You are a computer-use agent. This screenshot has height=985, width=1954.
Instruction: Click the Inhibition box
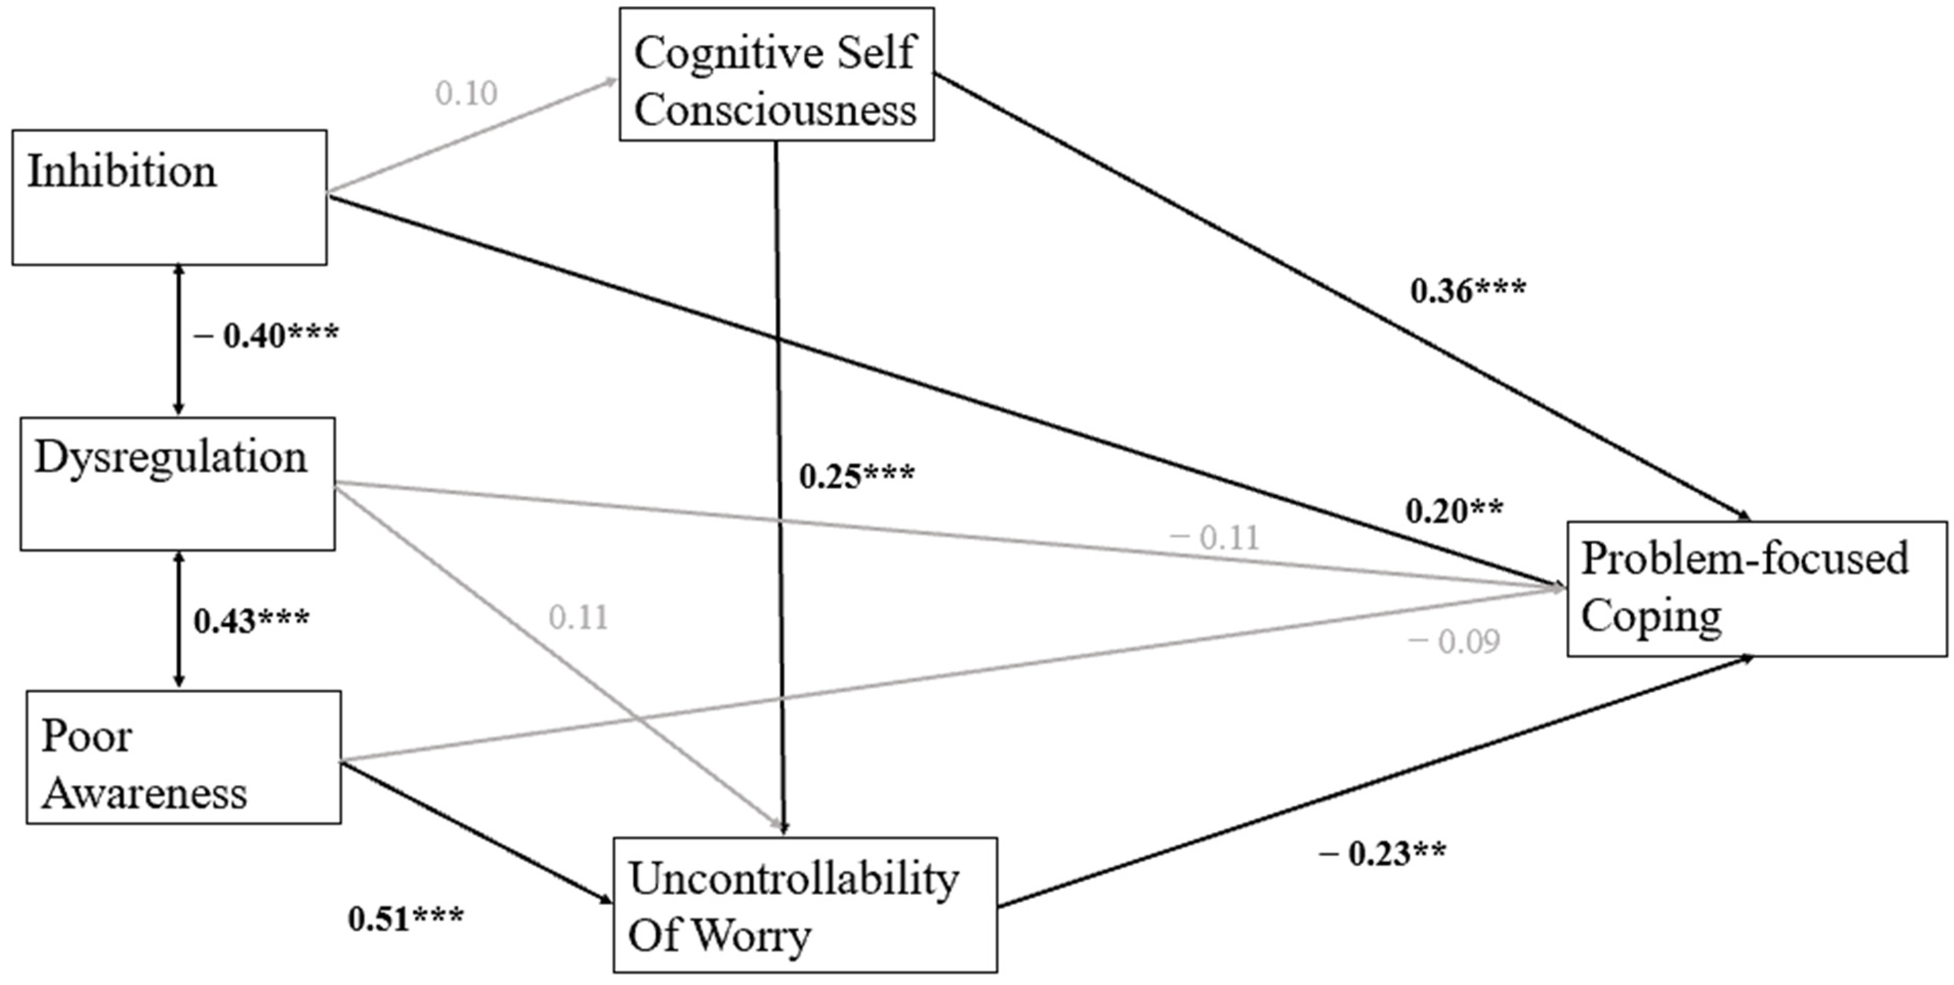coord(169,197)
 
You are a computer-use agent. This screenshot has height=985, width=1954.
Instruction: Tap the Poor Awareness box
coord(183,757)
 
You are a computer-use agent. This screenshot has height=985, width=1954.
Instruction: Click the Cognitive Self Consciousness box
coord(776,74)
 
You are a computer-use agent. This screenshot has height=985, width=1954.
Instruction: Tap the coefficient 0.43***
coord(251,621)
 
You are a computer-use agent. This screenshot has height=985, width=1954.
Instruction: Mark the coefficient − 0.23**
coord(1381,854)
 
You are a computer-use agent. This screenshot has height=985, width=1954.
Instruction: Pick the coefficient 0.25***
coord(856,476)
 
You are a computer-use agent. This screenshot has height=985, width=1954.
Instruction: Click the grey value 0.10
coord(466,93)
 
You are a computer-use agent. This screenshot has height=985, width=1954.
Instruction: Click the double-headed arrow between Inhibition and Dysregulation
coord(179,340)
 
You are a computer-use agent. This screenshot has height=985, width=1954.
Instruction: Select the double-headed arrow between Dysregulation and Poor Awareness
coord(179,619)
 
